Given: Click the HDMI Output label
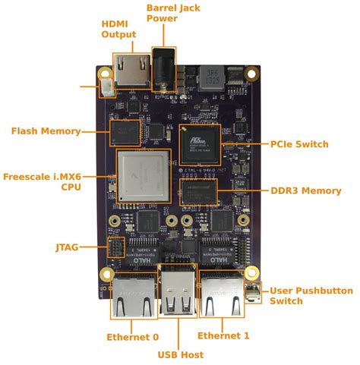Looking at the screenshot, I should coord(119,29).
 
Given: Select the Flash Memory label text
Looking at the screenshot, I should coord(46,131).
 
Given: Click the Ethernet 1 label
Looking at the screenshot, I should coord(223,335).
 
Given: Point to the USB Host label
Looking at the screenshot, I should coord(181,354).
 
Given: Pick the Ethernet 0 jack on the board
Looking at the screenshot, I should coord(133,297).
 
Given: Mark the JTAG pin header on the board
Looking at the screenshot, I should coord(116,247).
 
